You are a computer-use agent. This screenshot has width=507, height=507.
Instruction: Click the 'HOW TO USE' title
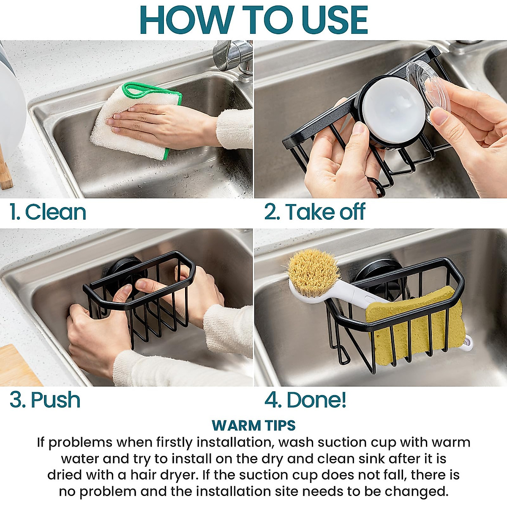click(x=253, y=20)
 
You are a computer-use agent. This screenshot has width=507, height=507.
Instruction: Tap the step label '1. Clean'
click(x=48, y=212)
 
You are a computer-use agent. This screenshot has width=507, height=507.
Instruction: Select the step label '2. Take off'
click(x=315, y=212)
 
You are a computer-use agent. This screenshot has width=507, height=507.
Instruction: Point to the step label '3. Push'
click(x=45, y=400)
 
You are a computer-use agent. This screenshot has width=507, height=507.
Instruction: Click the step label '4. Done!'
click(x=305, y=400)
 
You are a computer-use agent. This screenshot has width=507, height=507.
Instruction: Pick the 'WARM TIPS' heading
click(x=253, y=425)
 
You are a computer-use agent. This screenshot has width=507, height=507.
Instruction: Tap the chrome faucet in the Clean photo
click(x=232, y=57)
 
